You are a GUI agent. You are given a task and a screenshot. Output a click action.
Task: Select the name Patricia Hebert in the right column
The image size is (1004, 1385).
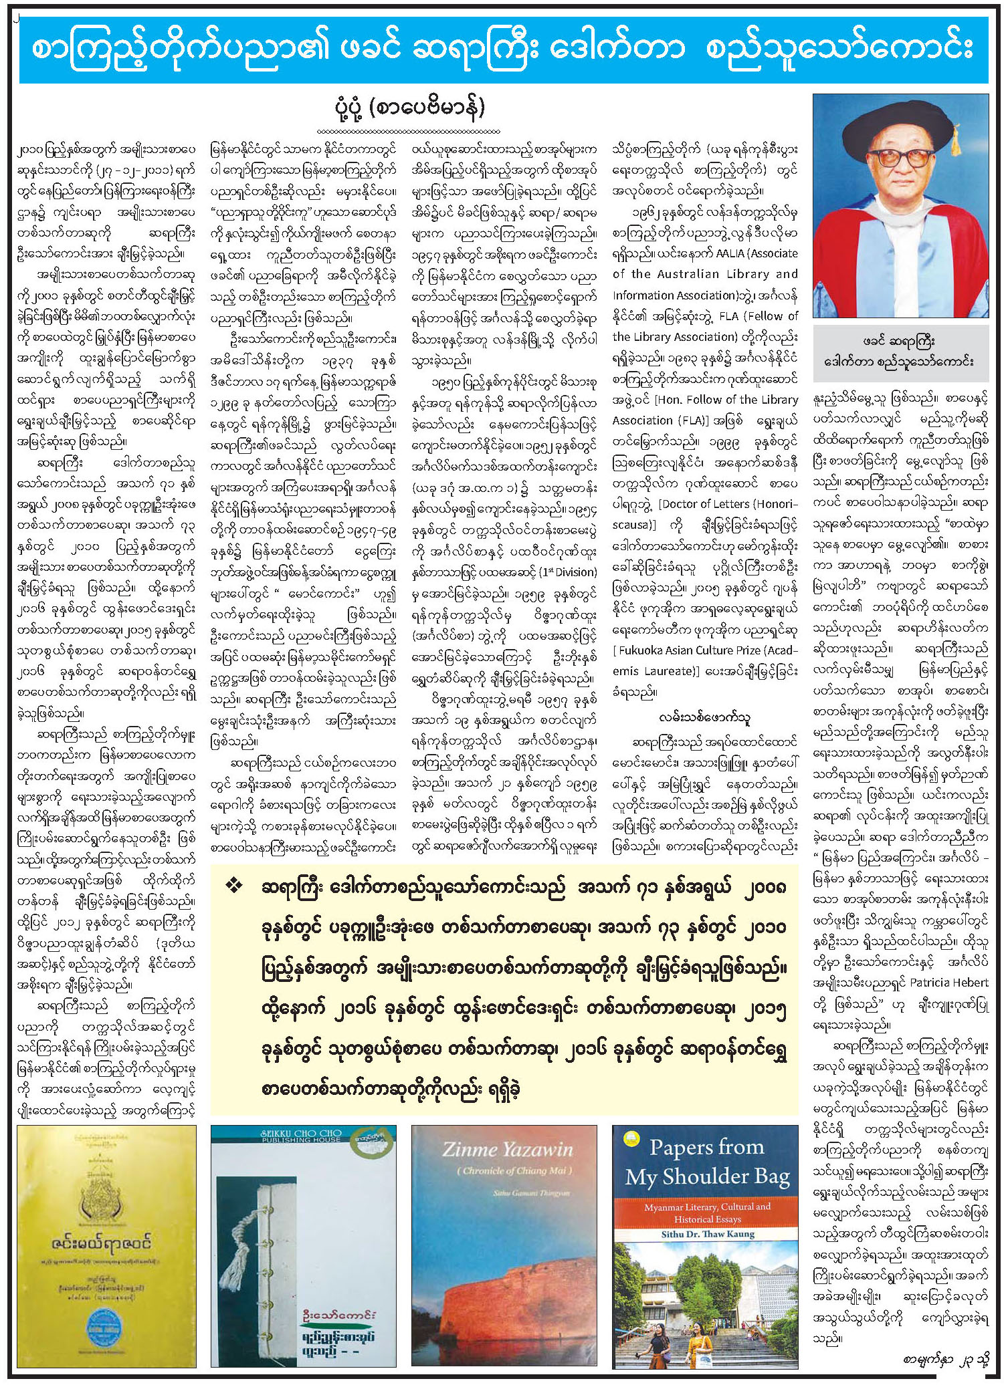948,983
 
